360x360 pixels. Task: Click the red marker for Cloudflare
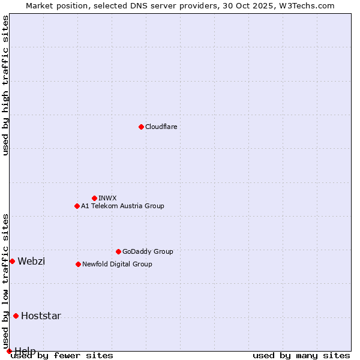pos(141,127)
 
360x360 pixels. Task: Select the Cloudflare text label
pos(161,127)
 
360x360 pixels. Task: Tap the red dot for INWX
pos(94,198)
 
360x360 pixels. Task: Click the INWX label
pos(107,198)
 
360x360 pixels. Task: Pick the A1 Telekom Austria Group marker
pos(77,206)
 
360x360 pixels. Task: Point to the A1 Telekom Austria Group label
pos(122,206)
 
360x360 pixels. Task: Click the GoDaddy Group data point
pos(118,251)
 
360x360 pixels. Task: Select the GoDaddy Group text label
pos(147,251)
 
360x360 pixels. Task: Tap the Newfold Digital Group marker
pos(78,264)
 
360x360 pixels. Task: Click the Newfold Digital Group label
pos(117,264)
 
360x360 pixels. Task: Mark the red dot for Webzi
pos(12,261)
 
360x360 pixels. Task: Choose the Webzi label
pos(31,261)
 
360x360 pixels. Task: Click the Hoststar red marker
pos(16,316)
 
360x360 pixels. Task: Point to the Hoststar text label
pos(41,316)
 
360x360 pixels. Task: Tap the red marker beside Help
pos(9,351)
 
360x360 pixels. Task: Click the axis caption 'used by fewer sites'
pos(62,355)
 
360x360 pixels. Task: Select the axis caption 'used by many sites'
pos(301,355)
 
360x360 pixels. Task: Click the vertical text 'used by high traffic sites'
pos(5,85)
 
